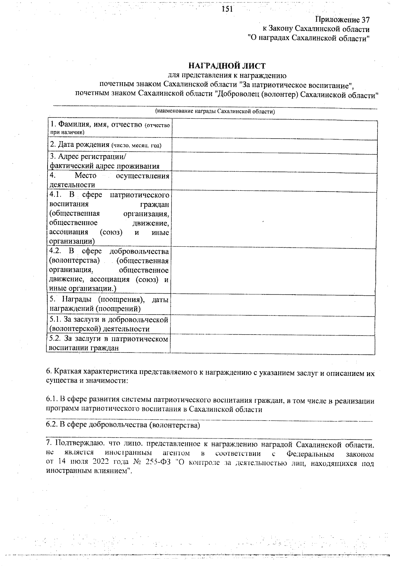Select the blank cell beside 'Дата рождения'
click(x=274, y=146)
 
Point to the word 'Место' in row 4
click(x=85, y=175)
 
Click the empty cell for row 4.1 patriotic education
click(x=274, y=218)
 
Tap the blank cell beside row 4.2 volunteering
click(x=274, y=270)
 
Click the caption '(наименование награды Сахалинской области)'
click(x=215, y=111)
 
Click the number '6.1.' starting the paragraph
click(x=52, y=401)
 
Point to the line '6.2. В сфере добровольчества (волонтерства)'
click(x=123, y=425)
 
